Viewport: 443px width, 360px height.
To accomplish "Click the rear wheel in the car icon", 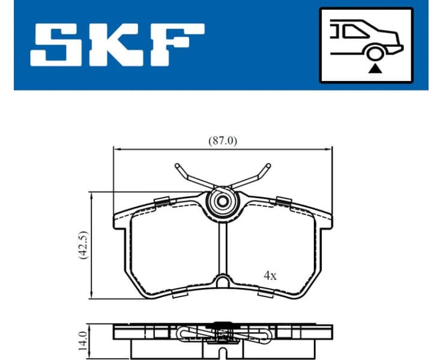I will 375,54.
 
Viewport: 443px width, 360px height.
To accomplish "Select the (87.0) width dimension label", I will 223,141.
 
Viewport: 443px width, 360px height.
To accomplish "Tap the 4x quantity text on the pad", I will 270,275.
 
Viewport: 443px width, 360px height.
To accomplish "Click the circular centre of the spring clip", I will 223,202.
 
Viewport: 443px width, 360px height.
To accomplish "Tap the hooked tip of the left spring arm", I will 178,166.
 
